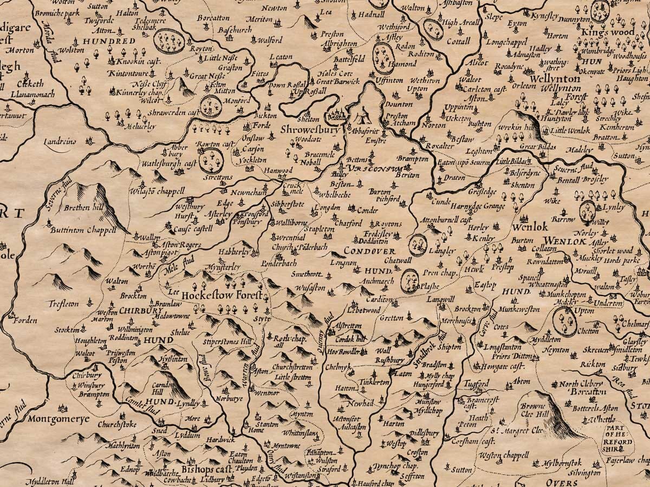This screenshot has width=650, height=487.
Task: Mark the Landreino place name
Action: click(60, 141)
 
